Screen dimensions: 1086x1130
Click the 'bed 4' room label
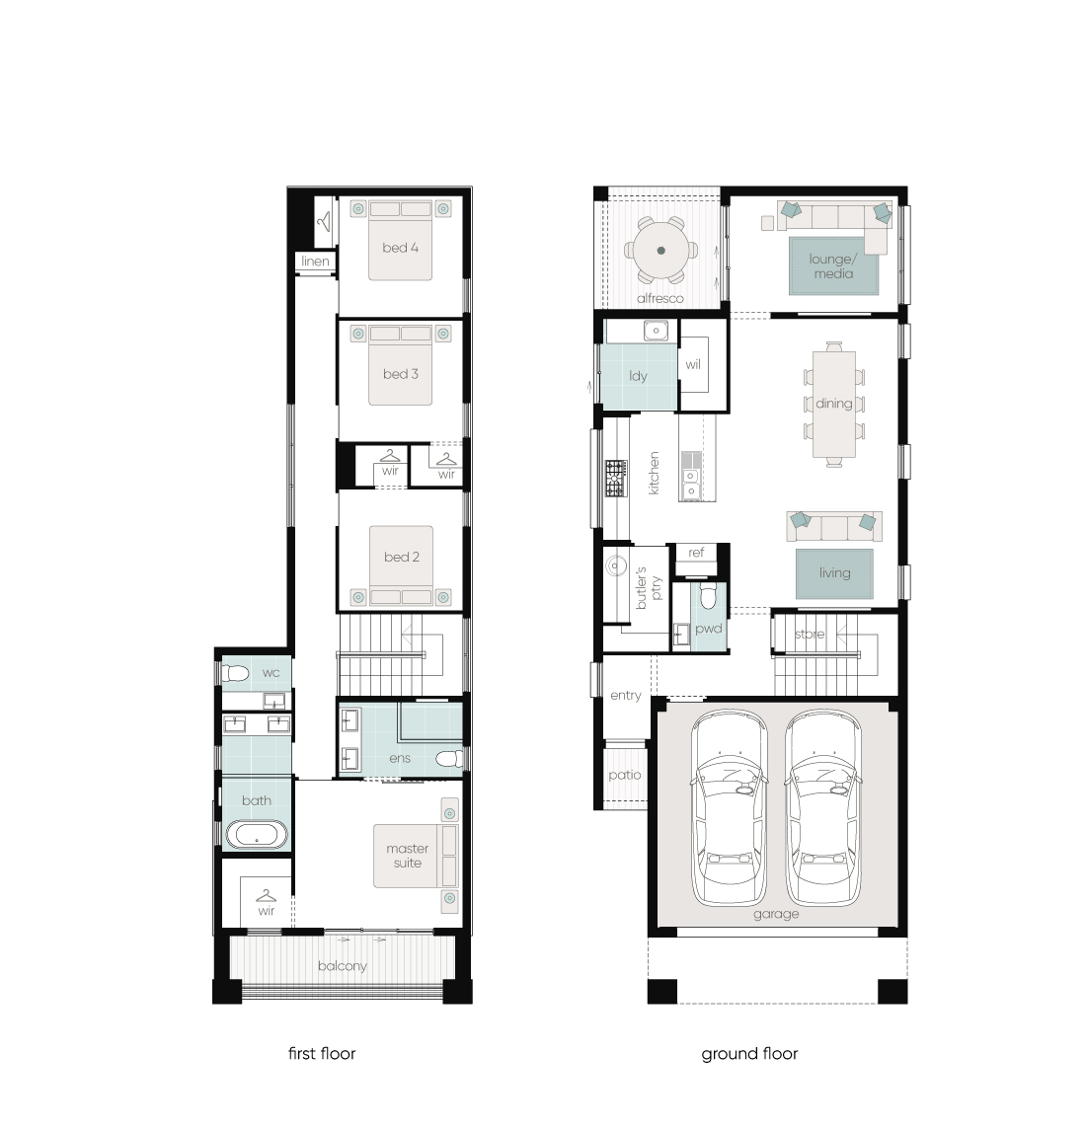pos(400,248)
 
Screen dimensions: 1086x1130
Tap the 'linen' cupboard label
pos(315,261)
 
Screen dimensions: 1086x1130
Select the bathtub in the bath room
pos(257,835)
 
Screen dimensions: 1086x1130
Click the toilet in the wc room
pos(235,673)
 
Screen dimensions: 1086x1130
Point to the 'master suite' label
pos(408,856)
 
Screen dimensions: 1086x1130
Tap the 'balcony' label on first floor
pos(343,966)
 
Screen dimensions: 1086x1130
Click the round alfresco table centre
pos(661,251)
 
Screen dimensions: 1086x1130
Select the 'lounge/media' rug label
pos(833,265)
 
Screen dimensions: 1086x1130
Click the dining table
pos(834,405)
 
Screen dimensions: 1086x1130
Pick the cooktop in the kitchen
pos(616,478)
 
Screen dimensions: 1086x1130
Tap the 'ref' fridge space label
pos(696,552)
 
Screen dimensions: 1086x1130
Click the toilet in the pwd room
pos(708,596)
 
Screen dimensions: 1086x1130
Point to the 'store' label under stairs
pos(810,635)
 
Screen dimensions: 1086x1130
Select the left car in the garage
pos(729,807)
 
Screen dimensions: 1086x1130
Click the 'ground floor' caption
pos(750,1054)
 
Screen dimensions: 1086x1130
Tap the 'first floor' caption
pos(322,1054)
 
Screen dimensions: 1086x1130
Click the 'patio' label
pos(625,776)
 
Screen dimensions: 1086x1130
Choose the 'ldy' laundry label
pos(638,376)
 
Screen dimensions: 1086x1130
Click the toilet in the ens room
pos(449,759)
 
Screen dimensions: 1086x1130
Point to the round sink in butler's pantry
pos(616,565)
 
